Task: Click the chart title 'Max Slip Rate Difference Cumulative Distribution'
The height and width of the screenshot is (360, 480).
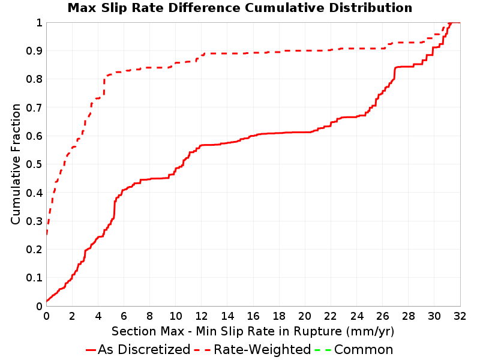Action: click(240, 8)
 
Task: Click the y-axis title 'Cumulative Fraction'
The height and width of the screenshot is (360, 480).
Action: click(16, 164)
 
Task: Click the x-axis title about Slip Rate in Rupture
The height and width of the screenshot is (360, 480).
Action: click(253, 332)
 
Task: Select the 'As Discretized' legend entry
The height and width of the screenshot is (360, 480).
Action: click(138, 350)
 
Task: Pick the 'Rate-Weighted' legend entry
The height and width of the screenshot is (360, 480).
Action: click(253, 350)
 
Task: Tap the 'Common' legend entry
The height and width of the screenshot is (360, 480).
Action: click(354, 350)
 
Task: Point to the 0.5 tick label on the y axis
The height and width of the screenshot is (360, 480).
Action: click(34, 164)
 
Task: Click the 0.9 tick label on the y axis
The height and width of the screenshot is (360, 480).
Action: click(34, 51)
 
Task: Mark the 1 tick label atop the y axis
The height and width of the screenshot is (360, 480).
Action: click(40, 23)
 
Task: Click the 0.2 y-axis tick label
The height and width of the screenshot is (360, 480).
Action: click(34, 250)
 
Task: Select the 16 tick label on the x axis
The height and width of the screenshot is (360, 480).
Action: click(253, 316)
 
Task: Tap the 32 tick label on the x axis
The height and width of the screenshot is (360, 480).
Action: click(460, 316)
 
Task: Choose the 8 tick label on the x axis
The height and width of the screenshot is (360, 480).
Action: click(149, 316)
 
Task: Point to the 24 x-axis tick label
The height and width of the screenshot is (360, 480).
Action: click(356, 316)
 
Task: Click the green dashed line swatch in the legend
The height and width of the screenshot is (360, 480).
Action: click(323, 350)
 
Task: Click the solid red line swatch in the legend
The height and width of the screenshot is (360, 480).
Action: click(91, 350)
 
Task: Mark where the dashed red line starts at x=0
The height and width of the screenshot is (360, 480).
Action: click(47, 234)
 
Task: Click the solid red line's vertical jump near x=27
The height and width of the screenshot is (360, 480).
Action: click(395, 73)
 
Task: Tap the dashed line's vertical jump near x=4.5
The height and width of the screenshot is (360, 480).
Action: click(104, 86)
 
